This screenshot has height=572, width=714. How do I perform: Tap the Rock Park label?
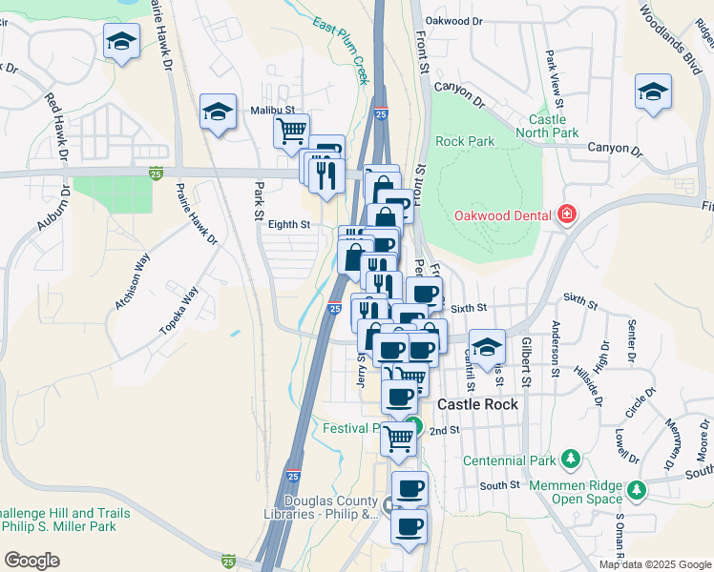pyautogui.click(x=465, y=141)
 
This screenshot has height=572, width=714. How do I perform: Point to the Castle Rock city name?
pyautogui.click(x=477, y=404)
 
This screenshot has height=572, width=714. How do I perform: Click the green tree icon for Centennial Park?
pyautogui.click(x=570, y=460)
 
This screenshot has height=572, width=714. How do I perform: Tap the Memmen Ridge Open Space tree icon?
pyautogui.click(x=636, y=490)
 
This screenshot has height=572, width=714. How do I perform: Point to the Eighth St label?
pyautogui.click(x=289, y=225)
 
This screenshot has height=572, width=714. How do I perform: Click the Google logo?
pyautogui.click(x=31, y=561)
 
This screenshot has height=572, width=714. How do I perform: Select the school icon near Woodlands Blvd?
pyautogui.click(x=653, y=92)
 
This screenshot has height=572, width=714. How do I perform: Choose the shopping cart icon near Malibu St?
pyautogui.click(x=292, y=131)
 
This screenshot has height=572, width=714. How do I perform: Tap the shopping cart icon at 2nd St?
pyautogui.click(x=399, y=439)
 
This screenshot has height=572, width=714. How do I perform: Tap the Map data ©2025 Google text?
pyautogui.click(x=655, y=564)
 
